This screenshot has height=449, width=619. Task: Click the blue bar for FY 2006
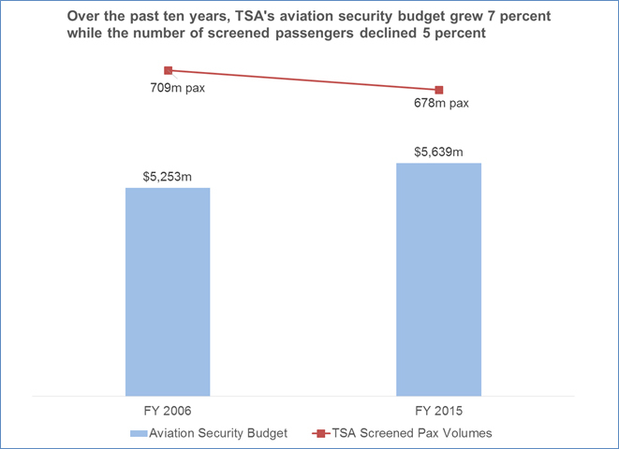click(x=168, y=291)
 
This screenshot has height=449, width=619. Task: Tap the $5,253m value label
click(x=168, y=175)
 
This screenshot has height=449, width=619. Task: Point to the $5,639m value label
click(x=439, y=151)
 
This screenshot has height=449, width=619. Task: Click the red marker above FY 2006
click(x=169, y=70)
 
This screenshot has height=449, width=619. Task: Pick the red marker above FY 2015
click(x=439, y=90)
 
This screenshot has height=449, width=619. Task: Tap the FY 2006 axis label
click(x=168, y=413)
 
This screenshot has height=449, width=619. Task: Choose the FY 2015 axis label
click(x=439, y=413)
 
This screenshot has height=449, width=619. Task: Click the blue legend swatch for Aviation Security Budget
click(x=149, y=432)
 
